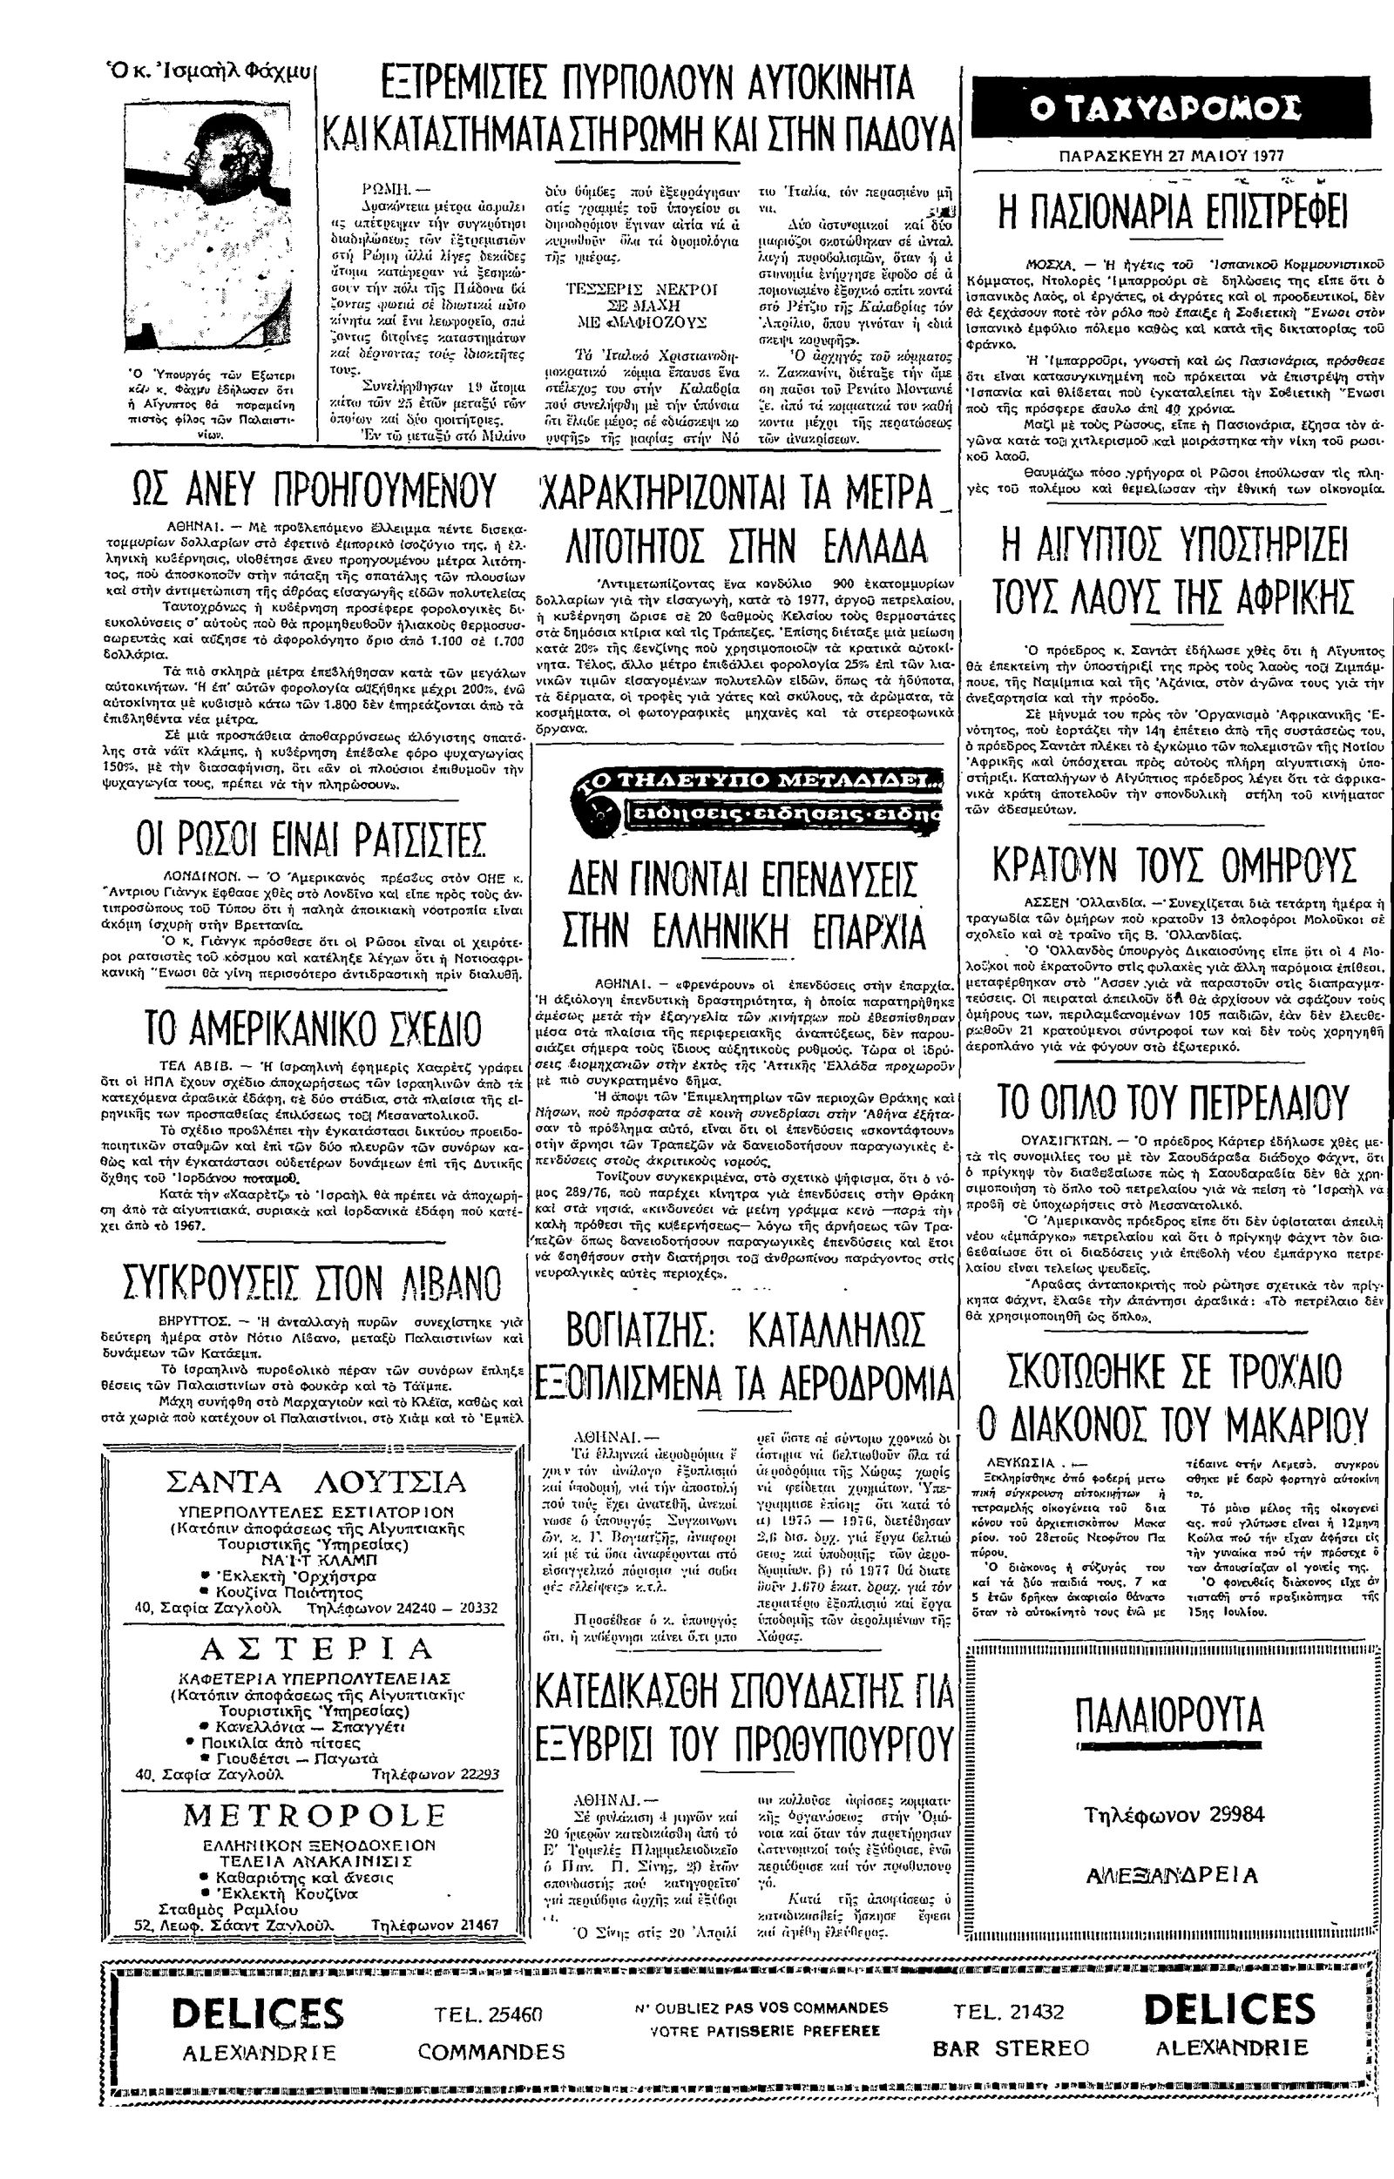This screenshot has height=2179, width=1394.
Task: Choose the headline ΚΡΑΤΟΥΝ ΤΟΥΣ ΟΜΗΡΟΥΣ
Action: pos(1174,864)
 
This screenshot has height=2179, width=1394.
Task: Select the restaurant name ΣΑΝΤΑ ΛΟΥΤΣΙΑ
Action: pos(317,1481)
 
